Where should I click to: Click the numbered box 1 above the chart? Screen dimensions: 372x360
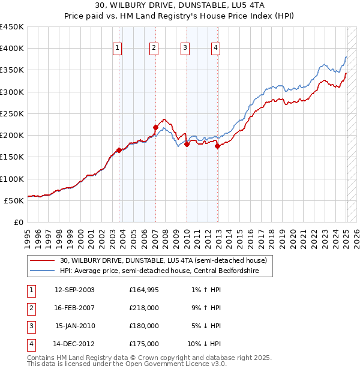tap(117, 49)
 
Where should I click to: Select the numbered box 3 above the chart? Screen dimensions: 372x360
tap(185, 49)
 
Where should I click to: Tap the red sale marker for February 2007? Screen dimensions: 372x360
tap(155, 127)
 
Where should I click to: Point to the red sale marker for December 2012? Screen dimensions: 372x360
tap(217, 146)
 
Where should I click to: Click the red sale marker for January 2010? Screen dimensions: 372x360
tap(187, 144)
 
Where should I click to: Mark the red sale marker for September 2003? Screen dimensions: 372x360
tap(119, 151)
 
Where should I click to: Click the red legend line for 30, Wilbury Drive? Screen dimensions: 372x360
tap(43, 261)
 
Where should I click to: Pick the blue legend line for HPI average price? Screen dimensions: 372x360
tap(43, 271)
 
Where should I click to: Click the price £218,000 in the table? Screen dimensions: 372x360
tap(144, 308)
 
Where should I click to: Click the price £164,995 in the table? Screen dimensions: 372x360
tap(144, 290)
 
